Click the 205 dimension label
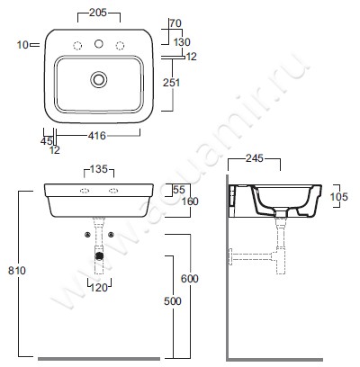pyautogui.click(x=98, y=13)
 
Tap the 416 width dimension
pyautogui.click(x=97, y=136)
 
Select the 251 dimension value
pyautogui.click(x=172, y=83)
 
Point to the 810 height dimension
pyautogui.click(x=17, y=271)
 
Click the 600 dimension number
pyautogui.click(x=190, y=279)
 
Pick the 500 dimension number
pyautogui.click(x=173, y=301)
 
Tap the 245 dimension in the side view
pyautogui.click(x=255, y=158)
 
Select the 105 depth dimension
pyautogui.click(x=339, y=197)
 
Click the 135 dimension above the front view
pyautogui.click(x=99, y=169)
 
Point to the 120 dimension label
pyautogui.click(x=99, y=288)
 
